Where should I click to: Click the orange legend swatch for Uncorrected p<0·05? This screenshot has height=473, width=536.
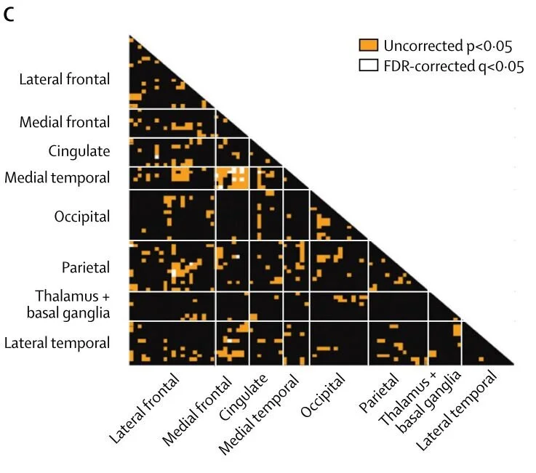click(369, 47)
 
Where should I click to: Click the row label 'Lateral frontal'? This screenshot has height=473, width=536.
click(65, 79)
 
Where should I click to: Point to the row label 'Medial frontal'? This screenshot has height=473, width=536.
click(65, 122)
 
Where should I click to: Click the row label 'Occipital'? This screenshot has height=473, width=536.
click(81, 217)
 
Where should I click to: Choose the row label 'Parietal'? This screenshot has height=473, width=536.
click(85, 267)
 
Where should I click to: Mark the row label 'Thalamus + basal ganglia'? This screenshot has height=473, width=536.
click(72, 304)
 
